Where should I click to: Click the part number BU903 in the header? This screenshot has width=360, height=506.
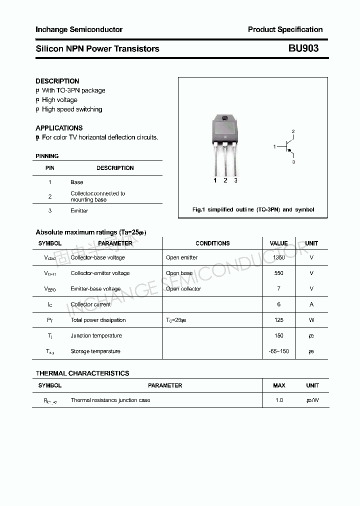[303, 49]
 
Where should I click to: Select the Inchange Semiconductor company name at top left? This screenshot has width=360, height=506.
[79, 29]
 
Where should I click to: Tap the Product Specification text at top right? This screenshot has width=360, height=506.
[285, 29]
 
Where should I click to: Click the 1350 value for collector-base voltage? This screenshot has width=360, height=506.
[279, 257]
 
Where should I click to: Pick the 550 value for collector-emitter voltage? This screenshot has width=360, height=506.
[279, 273]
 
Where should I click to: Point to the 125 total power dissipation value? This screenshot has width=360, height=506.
[279, 320]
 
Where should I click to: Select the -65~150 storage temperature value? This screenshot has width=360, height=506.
[279, 351]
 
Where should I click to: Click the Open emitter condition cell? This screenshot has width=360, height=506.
[181, 257]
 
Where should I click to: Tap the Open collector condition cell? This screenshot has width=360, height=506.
[183, 289]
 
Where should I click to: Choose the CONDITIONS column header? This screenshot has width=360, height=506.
[212, 243]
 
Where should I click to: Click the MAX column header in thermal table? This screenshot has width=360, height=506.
[279, 385]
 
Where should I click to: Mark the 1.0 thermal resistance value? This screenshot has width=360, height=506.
[279, 400]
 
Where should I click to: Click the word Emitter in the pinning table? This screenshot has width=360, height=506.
[79, 211]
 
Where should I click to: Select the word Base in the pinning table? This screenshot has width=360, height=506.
[77, 182]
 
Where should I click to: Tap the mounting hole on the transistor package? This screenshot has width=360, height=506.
[225, 118]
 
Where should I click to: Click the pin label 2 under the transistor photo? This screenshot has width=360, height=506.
[225, 180]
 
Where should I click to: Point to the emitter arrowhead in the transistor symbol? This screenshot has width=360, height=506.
[292, 154]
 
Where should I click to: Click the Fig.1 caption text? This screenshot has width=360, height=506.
[253, 209]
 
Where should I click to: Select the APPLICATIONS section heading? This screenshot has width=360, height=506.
[59, 128]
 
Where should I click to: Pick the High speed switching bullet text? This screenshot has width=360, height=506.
[72, 109]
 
